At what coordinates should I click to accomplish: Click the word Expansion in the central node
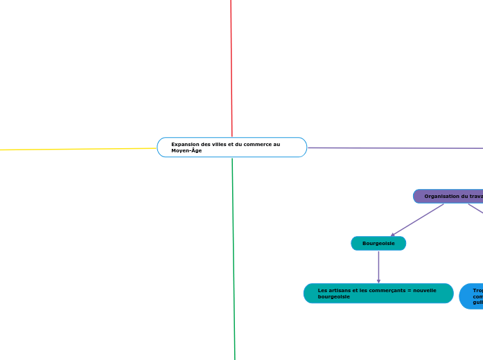185,144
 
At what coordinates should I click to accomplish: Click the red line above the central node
231,69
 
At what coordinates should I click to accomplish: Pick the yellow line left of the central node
76,149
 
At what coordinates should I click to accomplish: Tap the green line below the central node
234,256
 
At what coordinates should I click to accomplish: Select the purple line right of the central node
395,147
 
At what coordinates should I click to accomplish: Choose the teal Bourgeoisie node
378,243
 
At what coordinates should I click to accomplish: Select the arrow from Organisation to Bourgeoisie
417,220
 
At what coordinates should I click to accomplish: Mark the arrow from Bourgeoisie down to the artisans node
378,267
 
